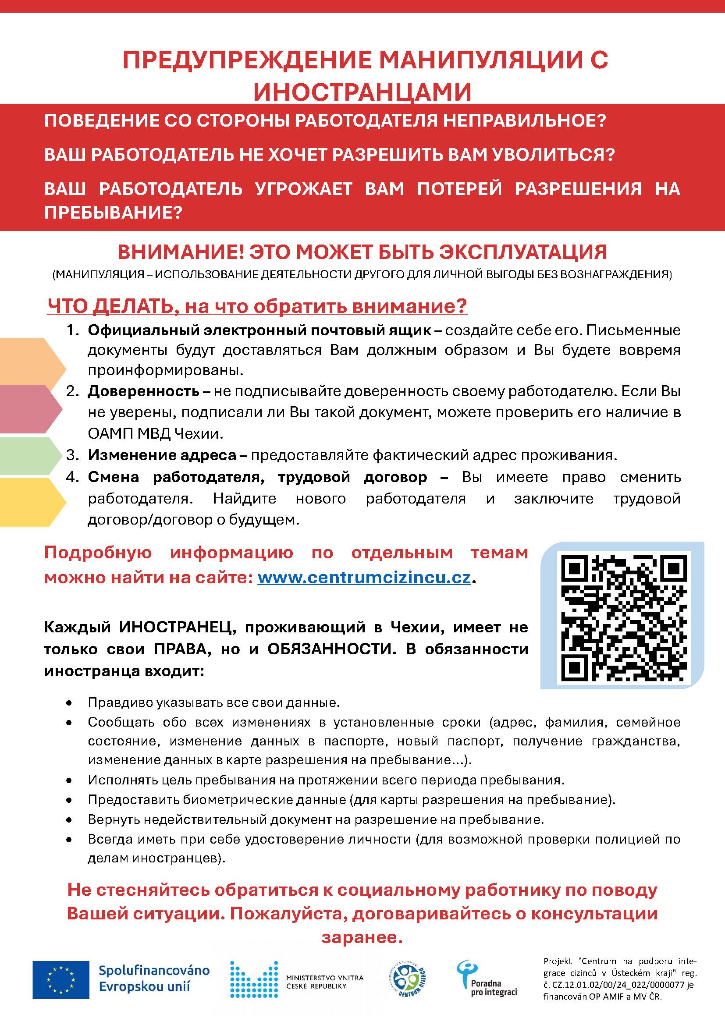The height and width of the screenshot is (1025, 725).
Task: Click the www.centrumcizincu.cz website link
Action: click(x=364, y=578)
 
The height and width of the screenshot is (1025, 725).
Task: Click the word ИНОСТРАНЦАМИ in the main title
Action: click(x=362, y=92)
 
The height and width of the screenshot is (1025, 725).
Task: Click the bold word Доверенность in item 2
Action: click(x=143, y=391)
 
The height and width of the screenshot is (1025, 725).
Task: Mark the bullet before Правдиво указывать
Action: click(x=69, y=703)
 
